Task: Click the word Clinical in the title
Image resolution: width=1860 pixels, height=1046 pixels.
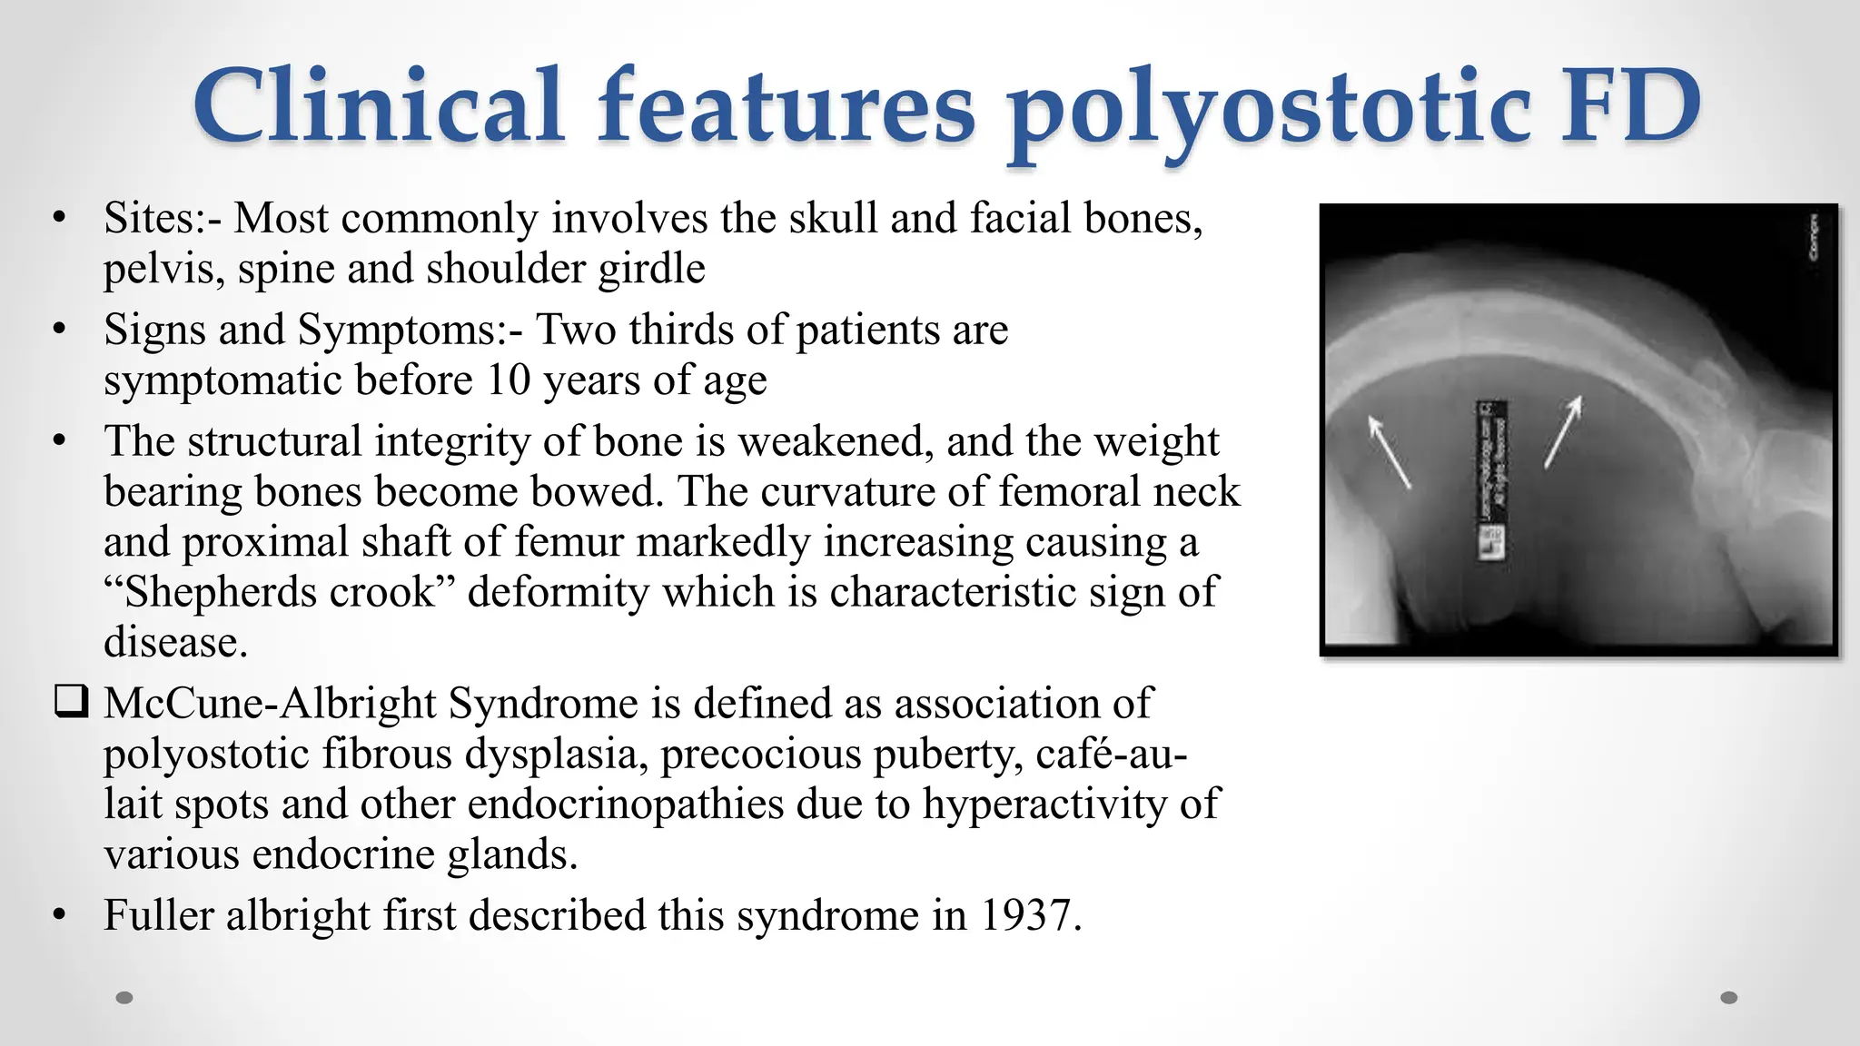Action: click(379, 107)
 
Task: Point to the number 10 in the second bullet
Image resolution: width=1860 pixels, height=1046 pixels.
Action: click(508, 380)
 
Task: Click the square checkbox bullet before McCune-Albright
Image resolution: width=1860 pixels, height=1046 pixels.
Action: click(71, 703)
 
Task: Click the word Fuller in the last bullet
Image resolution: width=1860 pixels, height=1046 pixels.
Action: click(157, 915)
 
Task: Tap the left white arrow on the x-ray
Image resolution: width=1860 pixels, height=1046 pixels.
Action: click(1389, 451)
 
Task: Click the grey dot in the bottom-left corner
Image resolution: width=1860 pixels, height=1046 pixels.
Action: click(124, 998)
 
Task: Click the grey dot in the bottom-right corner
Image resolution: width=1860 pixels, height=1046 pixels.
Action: click(1729, 998)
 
